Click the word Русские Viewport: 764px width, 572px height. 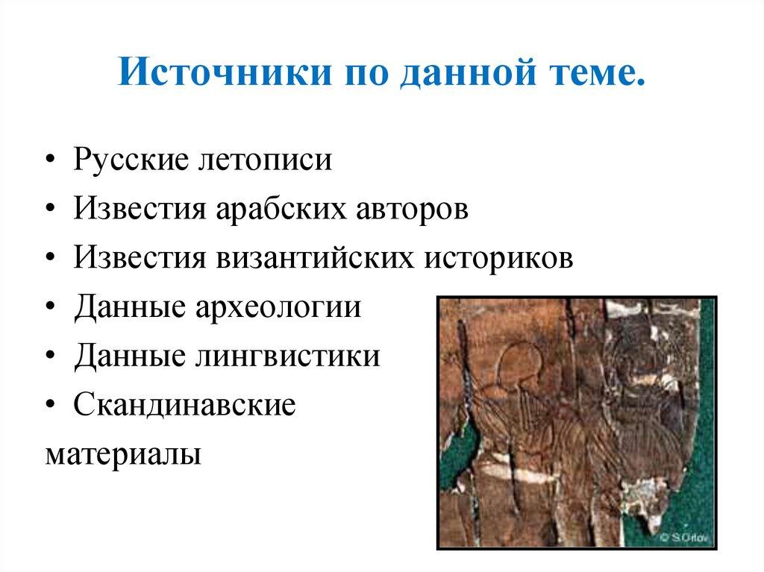tap(131, 160)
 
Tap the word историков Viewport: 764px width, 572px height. tap(501, 259)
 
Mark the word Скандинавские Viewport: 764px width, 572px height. tap(185, 406)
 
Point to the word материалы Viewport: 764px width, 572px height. tap(123, 454)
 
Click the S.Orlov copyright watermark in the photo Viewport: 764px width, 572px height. tap(680, 536)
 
